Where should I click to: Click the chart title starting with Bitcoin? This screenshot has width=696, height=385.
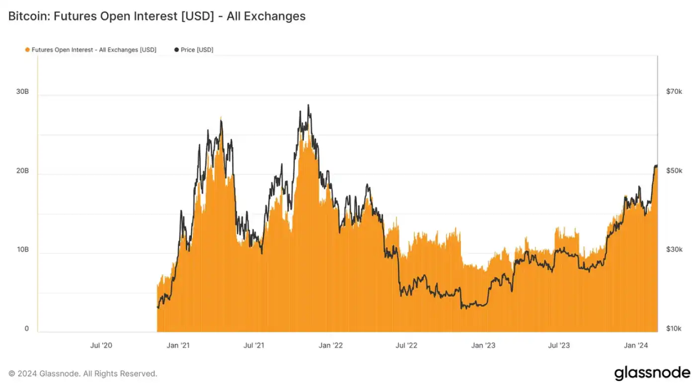[x=156, y=16]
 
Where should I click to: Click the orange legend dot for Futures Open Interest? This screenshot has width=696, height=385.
[x=27, y=50]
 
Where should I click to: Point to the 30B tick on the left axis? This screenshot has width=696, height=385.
[x=23, y=92]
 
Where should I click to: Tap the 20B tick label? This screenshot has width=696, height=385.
[x=23, y=171]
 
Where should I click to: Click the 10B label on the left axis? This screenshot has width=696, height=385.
[x=23, y=249]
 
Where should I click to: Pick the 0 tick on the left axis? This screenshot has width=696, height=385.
[x=27, y=328]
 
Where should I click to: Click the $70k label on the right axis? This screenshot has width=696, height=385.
[x=674, y=92]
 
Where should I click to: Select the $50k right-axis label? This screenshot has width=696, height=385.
[x=674, y=171]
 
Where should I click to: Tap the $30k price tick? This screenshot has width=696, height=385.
[x=674, y=249]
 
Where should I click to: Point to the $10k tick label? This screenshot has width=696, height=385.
[x=674, y=328]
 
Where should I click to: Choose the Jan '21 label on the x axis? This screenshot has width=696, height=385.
[x=178, y=345]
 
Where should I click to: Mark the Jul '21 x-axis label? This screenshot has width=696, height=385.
[x=254, y=345]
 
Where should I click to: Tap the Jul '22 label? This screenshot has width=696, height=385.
[x=407, y=345]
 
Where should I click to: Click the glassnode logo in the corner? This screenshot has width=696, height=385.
[x=652, y=373]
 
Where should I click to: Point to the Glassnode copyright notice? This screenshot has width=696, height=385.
[x=82, y=374]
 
